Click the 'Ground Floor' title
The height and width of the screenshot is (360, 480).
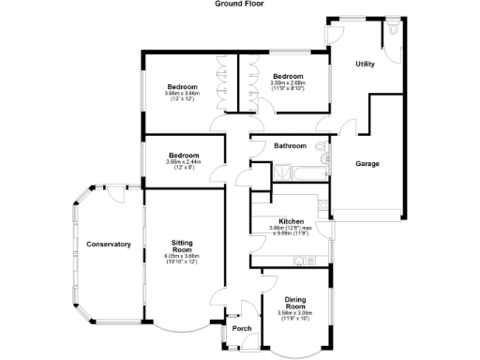239,4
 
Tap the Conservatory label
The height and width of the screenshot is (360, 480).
108,245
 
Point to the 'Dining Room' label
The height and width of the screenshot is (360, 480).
295,303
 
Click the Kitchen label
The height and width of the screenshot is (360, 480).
288,221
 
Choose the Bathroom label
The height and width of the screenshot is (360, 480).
290,146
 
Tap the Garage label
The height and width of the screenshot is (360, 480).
367,164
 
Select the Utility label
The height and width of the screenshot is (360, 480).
366,64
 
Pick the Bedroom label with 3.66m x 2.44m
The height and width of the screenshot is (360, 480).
184,156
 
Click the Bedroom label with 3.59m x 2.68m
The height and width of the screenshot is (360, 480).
288,76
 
